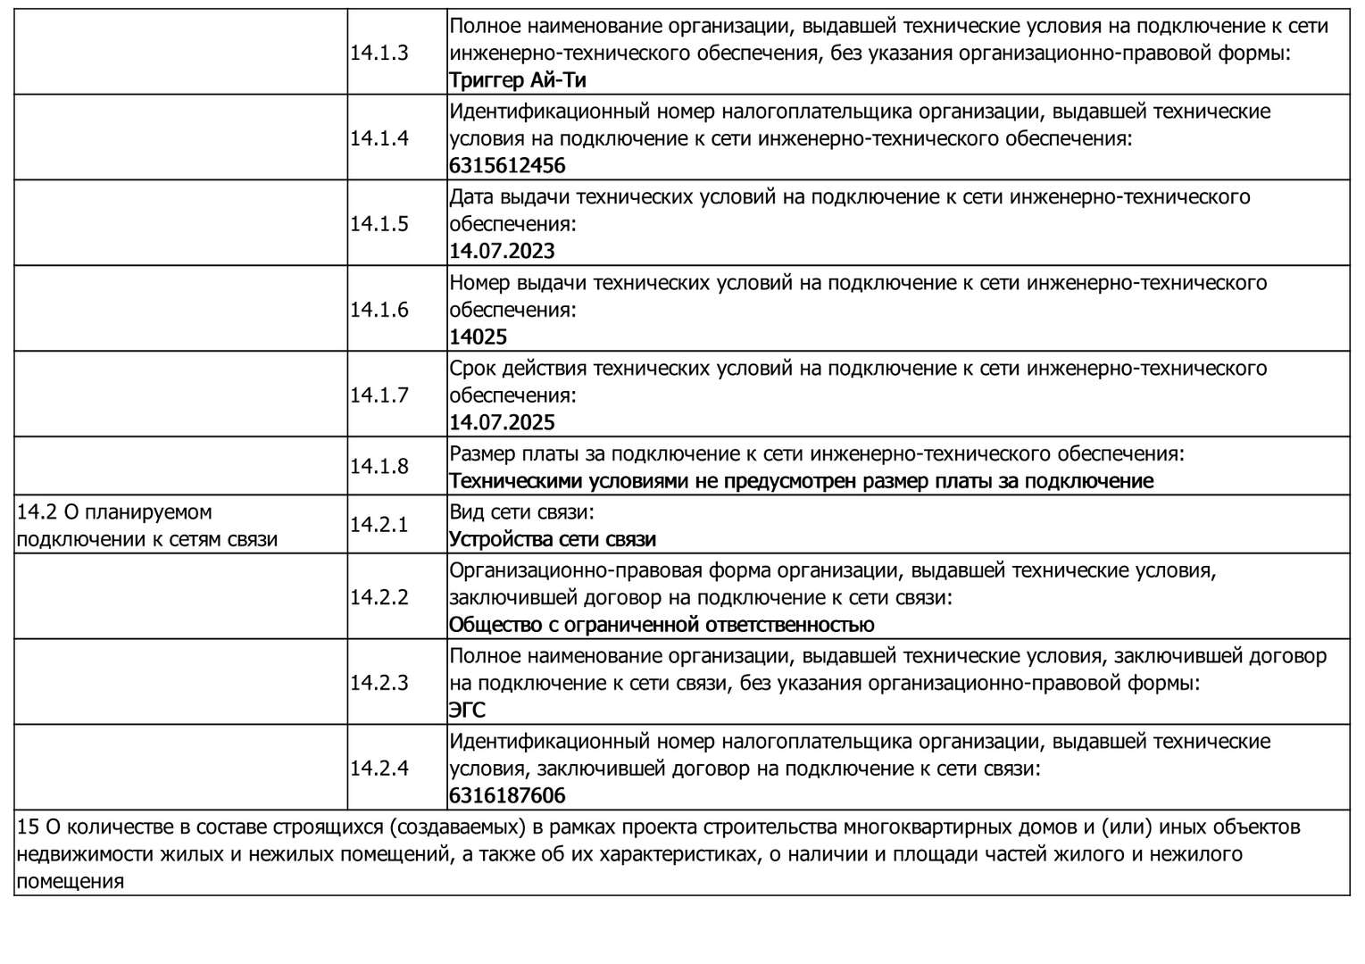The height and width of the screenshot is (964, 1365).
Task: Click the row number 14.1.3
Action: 379,53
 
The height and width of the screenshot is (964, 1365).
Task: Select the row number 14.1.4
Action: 379,138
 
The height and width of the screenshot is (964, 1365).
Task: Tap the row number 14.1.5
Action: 379,224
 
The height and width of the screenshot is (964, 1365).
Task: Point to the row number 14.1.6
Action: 379,310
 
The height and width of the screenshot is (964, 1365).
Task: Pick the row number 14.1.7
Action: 379,395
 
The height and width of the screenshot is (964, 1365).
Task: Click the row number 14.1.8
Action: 379,466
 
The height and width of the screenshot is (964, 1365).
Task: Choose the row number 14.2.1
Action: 379,525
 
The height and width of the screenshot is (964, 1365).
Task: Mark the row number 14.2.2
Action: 379,597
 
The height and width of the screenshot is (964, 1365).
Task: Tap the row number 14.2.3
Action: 379,683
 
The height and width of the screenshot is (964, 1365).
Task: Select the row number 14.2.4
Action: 379,769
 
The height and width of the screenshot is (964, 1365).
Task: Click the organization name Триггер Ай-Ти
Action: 517,80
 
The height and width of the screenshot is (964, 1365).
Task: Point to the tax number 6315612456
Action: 507,166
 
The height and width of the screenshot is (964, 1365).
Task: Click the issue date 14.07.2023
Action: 502,252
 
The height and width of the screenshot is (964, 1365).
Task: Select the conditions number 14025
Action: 478,337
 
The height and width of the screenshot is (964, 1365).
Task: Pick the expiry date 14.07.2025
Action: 502,423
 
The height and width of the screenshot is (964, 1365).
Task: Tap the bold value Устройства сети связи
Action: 552,540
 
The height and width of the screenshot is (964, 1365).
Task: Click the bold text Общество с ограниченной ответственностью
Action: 661,625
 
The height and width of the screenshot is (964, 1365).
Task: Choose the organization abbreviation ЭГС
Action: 467,711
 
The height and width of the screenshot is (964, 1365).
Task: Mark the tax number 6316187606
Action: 507,796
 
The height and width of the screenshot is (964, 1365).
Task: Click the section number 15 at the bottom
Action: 28,827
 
